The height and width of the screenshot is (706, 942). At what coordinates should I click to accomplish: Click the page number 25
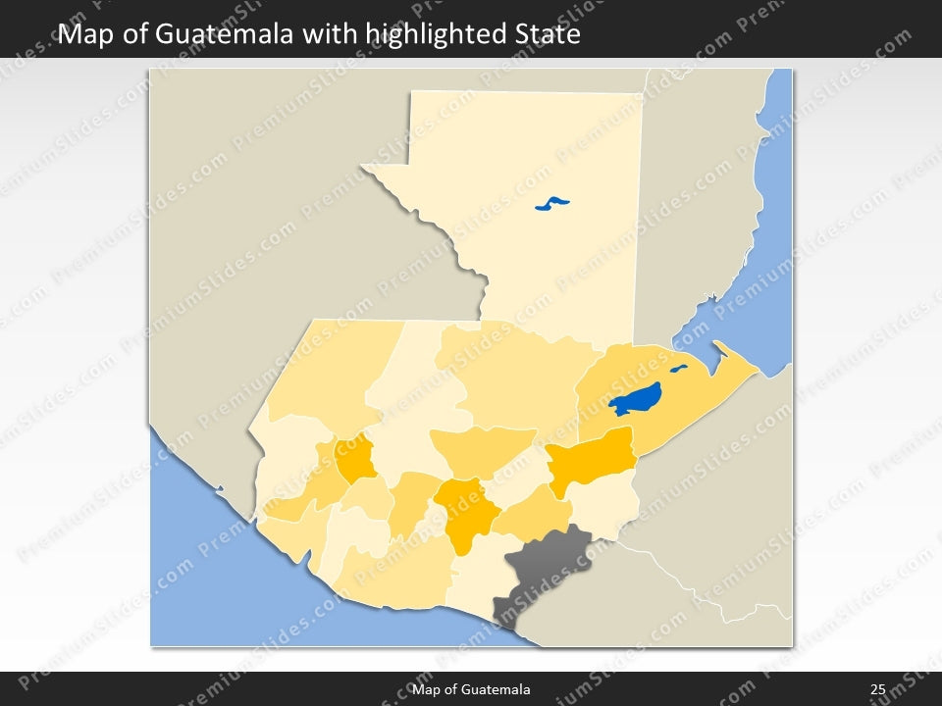(x=878, y=690)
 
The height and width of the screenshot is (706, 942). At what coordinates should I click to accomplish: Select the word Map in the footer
(x=426, y=690)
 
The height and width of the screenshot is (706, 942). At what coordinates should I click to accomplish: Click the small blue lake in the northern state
(x=552, y=204)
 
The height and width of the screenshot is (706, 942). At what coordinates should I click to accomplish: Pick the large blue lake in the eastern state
(x=636, y=399)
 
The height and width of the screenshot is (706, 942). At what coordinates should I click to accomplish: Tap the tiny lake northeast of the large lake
(x=678, y=370)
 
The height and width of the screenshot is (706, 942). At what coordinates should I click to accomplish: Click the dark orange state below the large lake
(x=592, y=459)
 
